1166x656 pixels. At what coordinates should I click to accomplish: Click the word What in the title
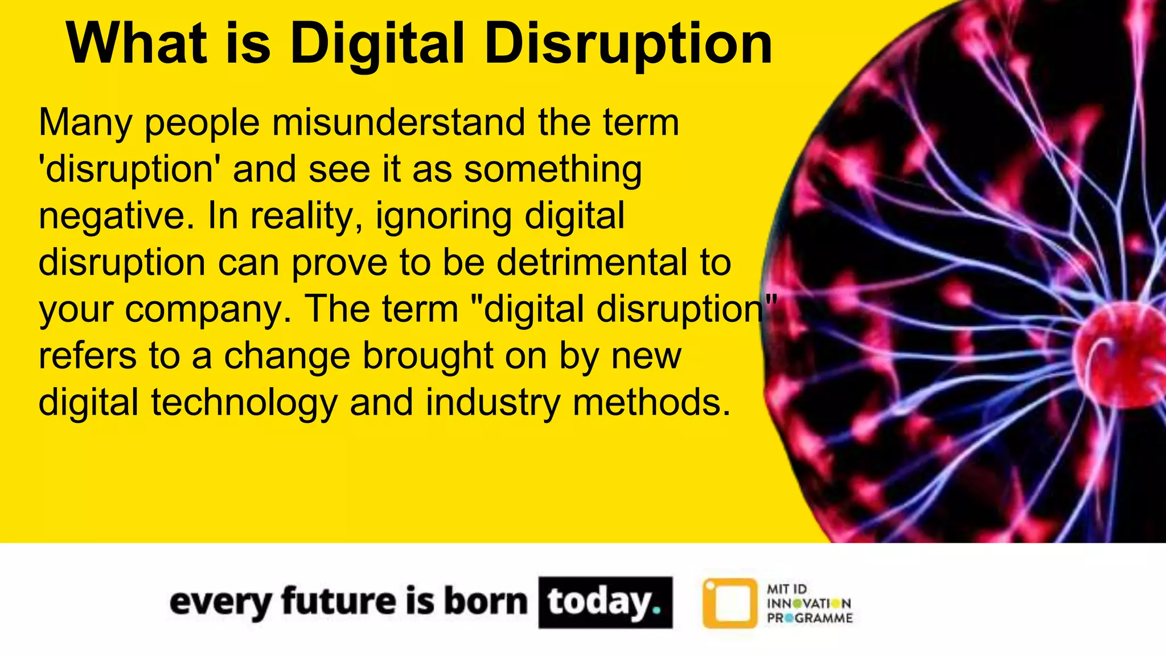click(x=137, y=44)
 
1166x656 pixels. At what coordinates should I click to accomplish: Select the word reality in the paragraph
click(x=305, y=216)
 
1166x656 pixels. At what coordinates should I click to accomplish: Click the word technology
click(x=244, y=403)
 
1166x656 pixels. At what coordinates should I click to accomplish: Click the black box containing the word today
click(x=605, y=602)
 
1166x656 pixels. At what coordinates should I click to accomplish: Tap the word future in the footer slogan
click(x=339, y=601)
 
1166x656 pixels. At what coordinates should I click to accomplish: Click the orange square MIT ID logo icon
click(x=730, y=603)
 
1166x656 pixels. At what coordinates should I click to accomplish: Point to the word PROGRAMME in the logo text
click(x=810, y=618)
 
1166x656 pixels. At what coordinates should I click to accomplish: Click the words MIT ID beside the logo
click(x=787, y=589)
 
